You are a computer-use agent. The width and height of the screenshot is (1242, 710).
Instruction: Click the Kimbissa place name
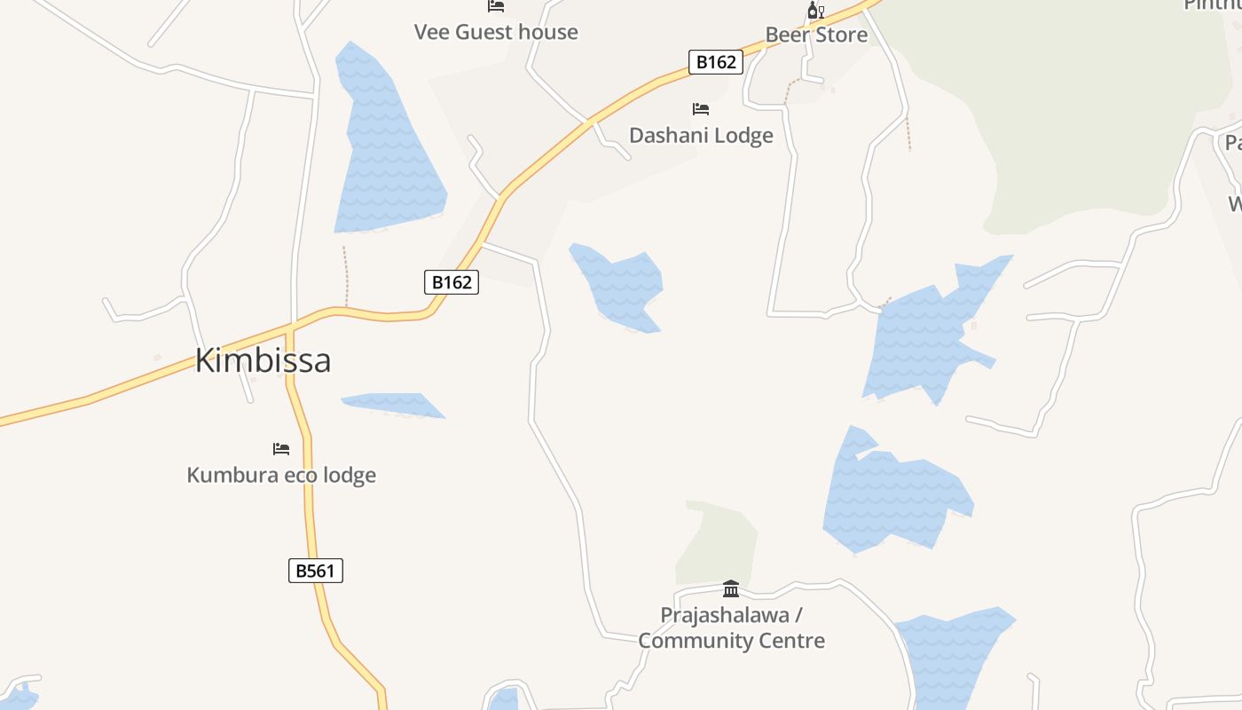263,360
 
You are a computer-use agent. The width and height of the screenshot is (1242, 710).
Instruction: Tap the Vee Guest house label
496,33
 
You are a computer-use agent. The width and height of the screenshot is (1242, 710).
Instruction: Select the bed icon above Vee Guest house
496,6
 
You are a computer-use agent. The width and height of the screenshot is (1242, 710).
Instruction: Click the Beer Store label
816,35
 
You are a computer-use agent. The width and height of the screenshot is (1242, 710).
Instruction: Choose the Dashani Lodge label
701,136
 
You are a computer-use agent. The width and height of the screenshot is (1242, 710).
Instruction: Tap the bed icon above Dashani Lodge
701,109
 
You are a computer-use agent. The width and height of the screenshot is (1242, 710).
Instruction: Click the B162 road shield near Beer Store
715,62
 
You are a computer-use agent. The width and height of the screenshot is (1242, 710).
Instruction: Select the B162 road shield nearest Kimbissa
452,282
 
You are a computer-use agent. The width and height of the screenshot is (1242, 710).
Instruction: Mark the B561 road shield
316,571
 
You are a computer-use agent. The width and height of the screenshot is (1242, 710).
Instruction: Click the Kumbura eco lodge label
281,475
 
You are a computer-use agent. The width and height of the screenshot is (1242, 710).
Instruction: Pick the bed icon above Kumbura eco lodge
281,449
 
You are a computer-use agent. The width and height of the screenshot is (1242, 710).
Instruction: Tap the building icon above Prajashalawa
731,588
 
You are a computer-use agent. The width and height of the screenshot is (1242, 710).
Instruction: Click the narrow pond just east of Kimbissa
395,404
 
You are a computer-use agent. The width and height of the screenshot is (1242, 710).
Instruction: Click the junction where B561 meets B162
290,329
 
